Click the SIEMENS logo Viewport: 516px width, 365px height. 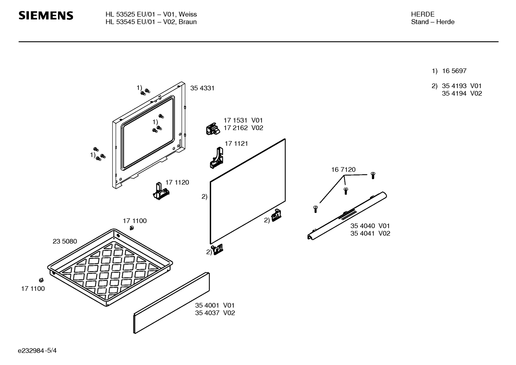point(46,16)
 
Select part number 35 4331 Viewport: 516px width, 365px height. point(202,88)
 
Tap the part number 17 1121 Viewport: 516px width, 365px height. point(236,144)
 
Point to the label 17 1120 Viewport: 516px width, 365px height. point(177,182)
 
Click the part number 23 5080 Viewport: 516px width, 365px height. point(65,241)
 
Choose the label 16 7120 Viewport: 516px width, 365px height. point(343,170)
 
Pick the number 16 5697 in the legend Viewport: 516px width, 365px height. point(454,71)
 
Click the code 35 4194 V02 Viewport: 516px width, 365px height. point(462,93)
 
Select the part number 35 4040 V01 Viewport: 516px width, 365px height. point(370,226)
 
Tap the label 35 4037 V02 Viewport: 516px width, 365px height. point(215,313)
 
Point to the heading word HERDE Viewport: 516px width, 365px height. point(423,14)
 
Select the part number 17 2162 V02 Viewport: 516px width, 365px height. point(243,128)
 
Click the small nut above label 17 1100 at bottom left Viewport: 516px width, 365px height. point(41,279)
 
